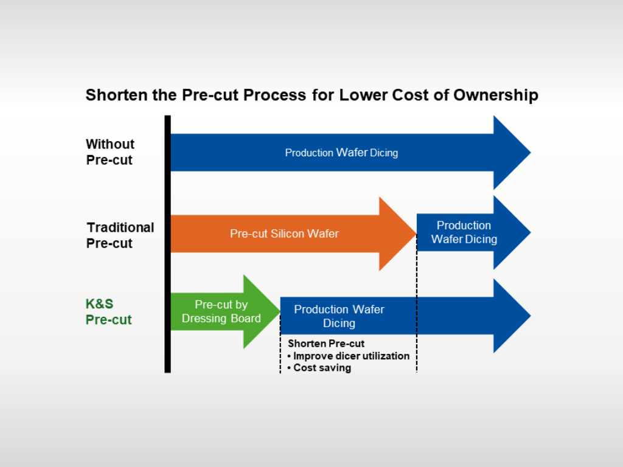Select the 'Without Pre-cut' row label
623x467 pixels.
[x=110, y=152]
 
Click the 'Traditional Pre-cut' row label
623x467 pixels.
[x=120, y=235]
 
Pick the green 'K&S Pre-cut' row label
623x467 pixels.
[x=109, y=311]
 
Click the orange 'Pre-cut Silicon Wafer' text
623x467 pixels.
[x=284, y=233]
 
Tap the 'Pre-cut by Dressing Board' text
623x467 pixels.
[x=221, y=311]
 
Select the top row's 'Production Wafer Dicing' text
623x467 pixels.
[x=341, y=153]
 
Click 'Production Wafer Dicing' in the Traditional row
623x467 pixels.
[x=464, y=232]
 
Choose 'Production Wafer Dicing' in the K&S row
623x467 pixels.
[x=339, y=316]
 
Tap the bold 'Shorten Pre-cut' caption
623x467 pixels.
[x=326, y=344]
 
